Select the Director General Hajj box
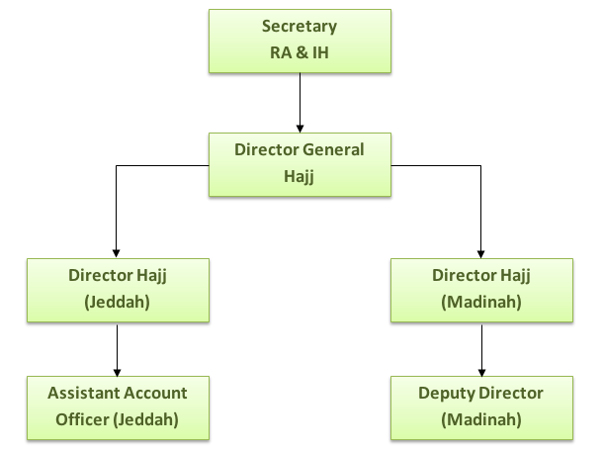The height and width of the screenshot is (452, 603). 299,163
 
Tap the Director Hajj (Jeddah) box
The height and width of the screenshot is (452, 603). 117,290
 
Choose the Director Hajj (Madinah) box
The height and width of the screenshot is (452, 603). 481,290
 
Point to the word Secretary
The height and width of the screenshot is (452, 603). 299,27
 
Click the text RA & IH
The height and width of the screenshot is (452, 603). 299,51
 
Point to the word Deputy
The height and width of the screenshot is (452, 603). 447,393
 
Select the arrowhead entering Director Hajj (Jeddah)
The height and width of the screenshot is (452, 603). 117,253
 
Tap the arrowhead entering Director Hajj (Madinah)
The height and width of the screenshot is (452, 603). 481,253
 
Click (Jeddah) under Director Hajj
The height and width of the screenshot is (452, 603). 117,304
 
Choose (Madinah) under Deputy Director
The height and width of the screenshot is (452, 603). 481,418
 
